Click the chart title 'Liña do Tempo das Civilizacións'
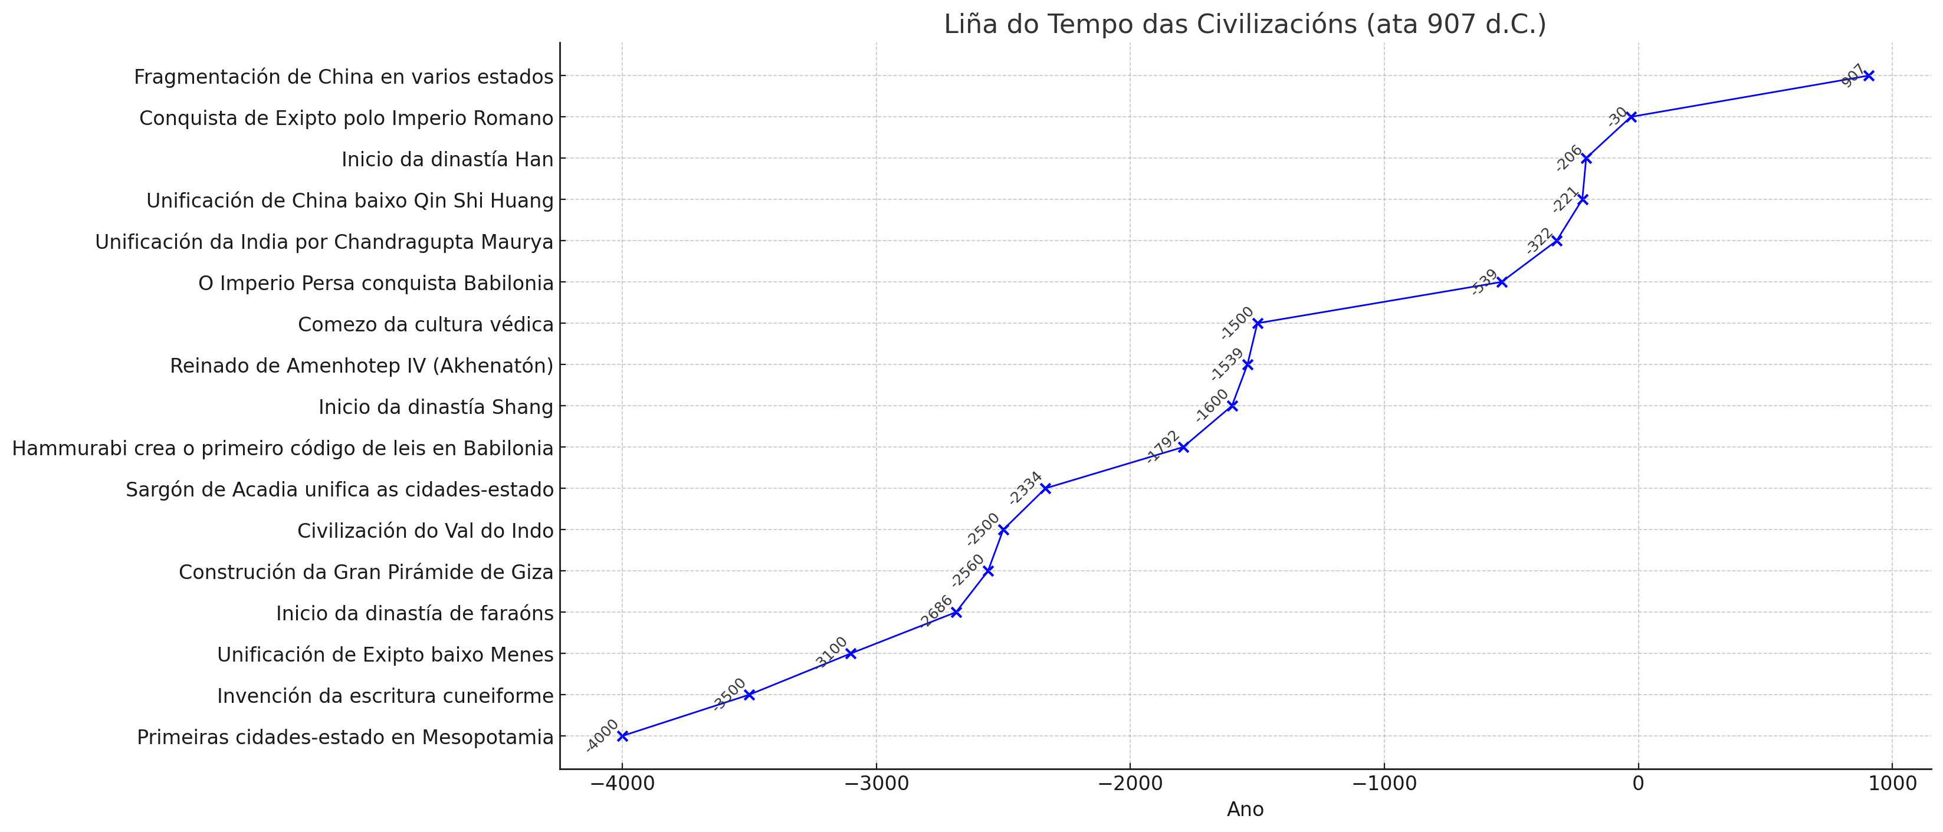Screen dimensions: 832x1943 tap(1245, 24)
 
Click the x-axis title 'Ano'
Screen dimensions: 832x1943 tap(1245, 810)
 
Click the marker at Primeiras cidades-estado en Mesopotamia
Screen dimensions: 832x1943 tap(622, 735)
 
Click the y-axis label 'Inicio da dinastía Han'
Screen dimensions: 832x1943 tap(447, 159)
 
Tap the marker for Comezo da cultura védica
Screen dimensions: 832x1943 tap(1258, 324)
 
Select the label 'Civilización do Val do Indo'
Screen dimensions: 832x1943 tap(425, 530)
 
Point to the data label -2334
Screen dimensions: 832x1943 tap(1025, 488)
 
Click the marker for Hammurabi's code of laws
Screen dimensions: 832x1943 tap(1183, 448)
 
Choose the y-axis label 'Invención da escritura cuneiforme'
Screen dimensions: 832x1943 tap(385, 695)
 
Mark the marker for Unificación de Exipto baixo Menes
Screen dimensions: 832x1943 tap(851, 653)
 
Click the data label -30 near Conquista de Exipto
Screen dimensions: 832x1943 tap(1617, 117)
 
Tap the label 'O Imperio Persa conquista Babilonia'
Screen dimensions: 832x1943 tap(376, 283)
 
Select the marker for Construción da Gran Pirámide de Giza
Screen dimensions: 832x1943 tap(988, 570)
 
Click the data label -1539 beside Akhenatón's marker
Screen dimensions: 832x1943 tap(1226, 365)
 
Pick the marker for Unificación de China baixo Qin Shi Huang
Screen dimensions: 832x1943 tap(1583, 199)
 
